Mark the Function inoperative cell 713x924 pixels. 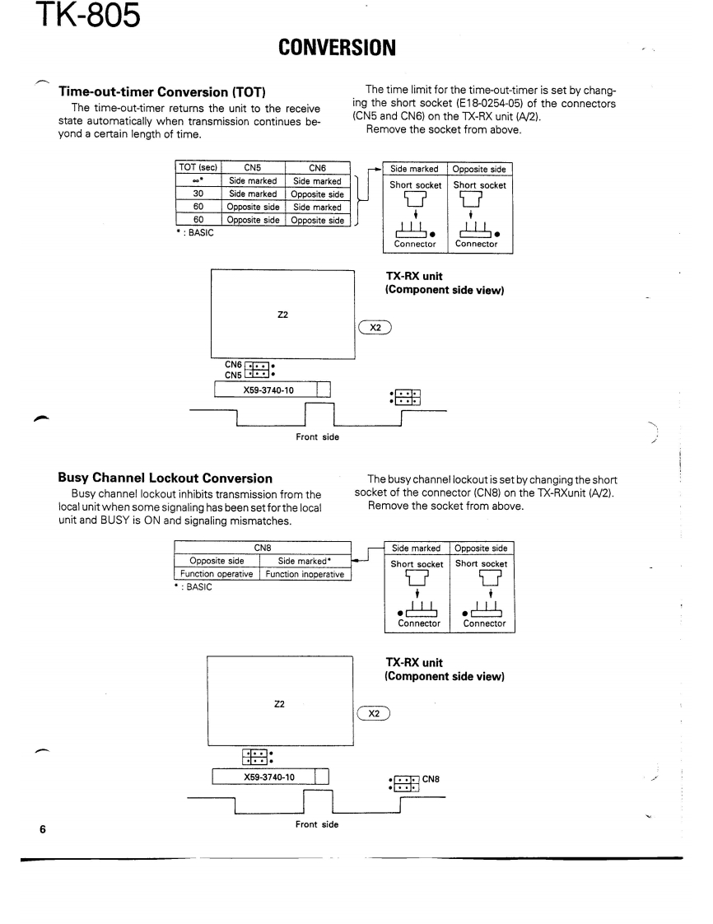pyautogui.click(x=305, y=574)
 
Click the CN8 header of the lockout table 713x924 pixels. pyautogui.click(x=263, y=549)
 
